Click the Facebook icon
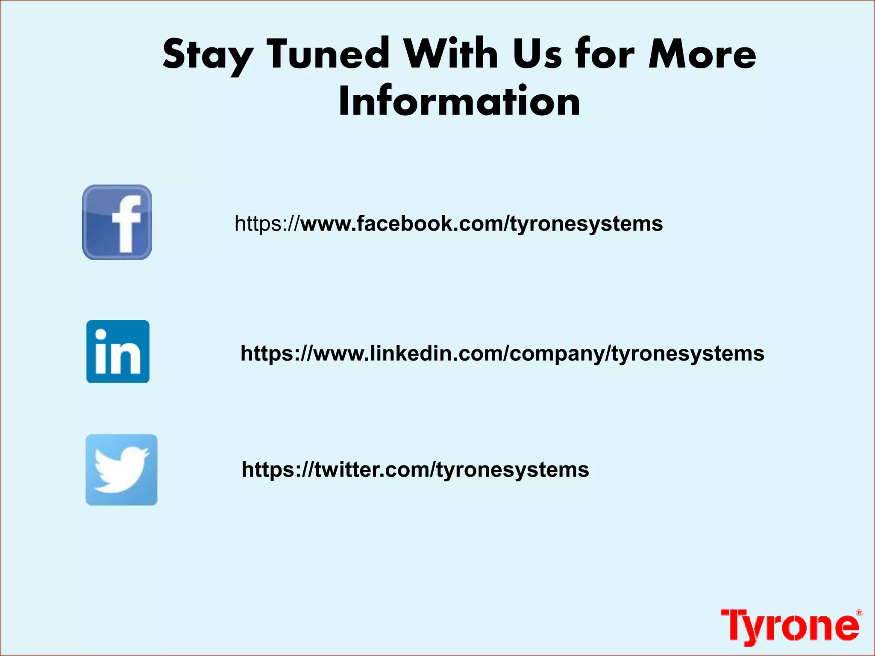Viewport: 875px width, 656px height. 117,222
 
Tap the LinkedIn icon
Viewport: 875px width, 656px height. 118,351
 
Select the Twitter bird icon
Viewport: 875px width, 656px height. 121,470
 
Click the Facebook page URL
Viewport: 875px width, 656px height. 449,224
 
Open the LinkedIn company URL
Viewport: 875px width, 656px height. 502,354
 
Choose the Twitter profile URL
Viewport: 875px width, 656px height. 415,470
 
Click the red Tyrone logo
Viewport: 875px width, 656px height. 790,626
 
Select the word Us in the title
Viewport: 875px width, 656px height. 537,55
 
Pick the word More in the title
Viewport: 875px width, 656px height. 702,55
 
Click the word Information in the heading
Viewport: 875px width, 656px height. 459,102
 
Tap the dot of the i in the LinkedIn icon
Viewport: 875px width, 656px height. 101,335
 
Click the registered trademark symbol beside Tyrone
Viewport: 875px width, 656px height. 859,613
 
